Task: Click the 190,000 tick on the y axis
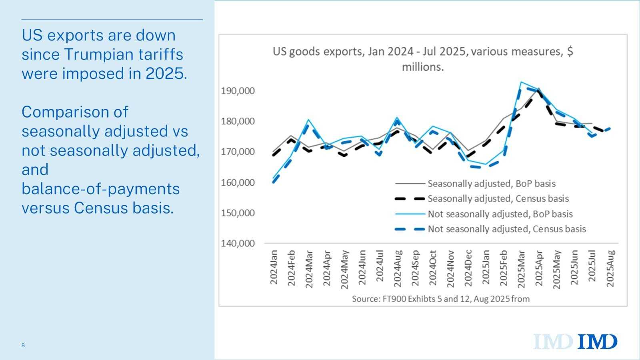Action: tap(238, 91)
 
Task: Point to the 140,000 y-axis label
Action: tap(238, 243)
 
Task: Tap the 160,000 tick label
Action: tap(238, 182)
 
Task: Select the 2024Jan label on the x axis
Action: tap(274, 267)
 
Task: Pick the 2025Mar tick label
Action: tap(521, 268)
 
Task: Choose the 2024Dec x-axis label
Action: tap(468, 268)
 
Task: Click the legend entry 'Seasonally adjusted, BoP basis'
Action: tap(491, 184)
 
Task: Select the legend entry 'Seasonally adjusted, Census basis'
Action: tap(498, 198)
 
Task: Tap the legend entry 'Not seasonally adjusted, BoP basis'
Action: tap(500, 214)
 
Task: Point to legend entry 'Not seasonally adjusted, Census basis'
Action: tap(506, 229)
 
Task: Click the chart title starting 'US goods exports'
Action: tap(423, 59)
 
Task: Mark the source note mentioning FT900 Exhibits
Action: tap(440, 299)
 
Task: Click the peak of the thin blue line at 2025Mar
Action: tap(521, 82)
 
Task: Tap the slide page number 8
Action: tap(23, 345)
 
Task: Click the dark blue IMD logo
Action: tap(598, 342)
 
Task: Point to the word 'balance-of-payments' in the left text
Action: tap(100, 189)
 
